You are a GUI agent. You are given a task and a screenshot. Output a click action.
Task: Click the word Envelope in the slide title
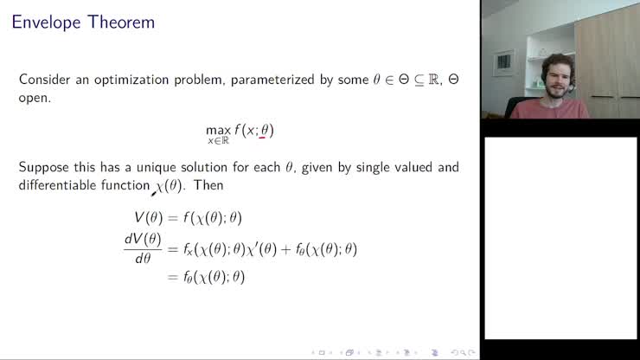point(45,22)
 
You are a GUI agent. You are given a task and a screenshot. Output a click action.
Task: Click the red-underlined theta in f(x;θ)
point(266,130)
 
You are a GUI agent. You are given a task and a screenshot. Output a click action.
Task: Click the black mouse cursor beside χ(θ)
point(153,192)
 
